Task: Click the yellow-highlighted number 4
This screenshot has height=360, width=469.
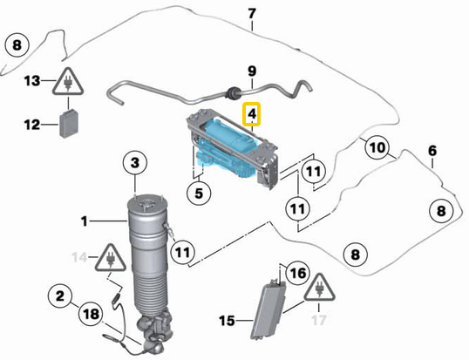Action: (251, 113)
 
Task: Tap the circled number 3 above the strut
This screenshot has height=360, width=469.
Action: (135, 162)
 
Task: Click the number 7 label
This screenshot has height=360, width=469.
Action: (252, 14)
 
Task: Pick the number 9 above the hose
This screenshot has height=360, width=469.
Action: (251, 71)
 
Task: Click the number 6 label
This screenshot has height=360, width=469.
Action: (432, 150)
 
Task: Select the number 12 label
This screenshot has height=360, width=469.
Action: (31, 125)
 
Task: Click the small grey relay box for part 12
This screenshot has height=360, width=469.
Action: (69, 124)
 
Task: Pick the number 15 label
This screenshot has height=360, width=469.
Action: (226, 321)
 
